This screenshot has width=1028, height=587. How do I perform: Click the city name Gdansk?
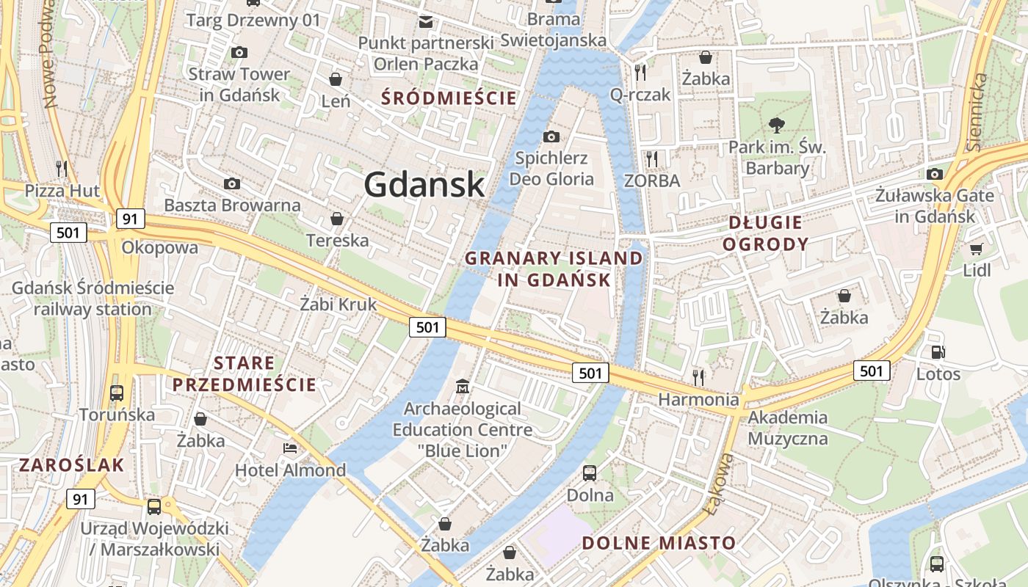tap(424, 184)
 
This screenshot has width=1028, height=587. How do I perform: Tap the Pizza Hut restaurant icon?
tap(62, 168)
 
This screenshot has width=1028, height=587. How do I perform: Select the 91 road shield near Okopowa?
tap(130, 219)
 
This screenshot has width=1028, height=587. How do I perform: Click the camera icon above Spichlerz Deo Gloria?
tap(551, 136)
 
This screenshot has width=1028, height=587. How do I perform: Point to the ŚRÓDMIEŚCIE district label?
tap(449, 98)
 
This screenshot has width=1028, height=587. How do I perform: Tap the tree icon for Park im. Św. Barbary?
tap(776, 125)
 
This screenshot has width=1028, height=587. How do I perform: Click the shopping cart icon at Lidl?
tap(976, 249)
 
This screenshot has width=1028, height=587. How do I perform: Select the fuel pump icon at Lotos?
tap(938, 352)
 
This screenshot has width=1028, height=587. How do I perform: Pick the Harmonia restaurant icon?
tap(698, 377)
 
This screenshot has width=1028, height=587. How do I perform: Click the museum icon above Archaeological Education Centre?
tap(463, 386)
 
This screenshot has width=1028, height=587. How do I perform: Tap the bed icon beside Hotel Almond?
tap(290, 448)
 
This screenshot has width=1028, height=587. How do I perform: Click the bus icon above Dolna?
tap(590, 473)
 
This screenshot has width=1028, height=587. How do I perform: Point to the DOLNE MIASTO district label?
tap(659, 543)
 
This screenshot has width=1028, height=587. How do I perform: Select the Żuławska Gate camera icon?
tap(934, 174)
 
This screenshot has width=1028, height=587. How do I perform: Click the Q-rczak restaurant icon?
tap(640, 72)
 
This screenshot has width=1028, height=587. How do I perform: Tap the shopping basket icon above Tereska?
tap(336, 219)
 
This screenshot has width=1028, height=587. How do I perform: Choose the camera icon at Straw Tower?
tap(239, 52)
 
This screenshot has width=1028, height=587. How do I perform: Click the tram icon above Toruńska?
tap(117, 393)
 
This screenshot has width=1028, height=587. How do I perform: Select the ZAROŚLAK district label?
tap(72, 464)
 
